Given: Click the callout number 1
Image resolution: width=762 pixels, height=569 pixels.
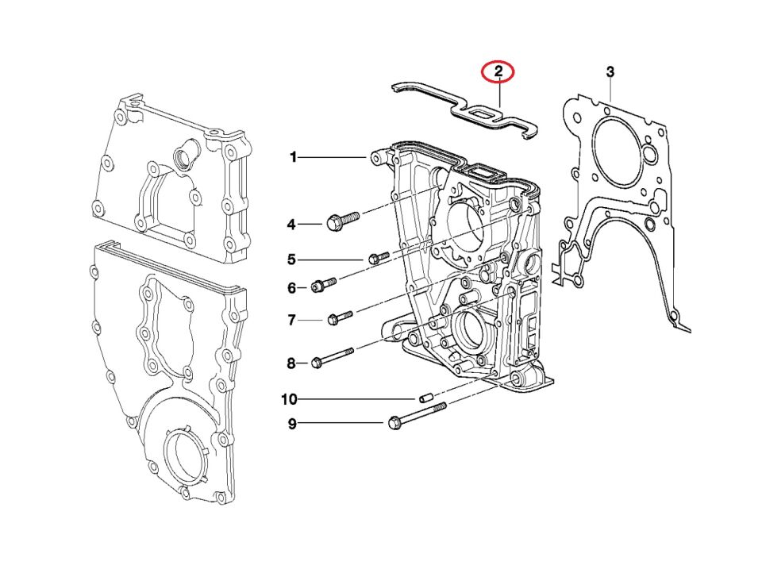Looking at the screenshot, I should (x=293, y=158).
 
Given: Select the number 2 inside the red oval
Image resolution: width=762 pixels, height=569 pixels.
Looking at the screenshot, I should (x=498, y=71).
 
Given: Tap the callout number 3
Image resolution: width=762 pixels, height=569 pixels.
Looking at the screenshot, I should (x=610, y=72).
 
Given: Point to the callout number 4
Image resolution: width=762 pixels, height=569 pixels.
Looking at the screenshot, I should (x=291, y=225).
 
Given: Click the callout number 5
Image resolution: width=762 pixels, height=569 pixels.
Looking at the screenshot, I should (x=291, y=260).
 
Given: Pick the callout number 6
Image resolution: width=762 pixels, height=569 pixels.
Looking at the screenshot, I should (x=291, y=288).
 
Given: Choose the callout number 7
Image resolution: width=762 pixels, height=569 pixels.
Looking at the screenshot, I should (x=291, y=321).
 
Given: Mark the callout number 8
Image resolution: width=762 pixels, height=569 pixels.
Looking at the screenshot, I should (x=291, y=363).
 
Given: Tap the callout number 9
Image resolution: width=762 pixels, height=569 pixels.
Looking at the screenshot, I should (x=291, y=425).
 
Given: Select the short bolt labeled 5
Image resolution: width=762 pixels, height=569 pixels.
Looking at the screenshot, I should (x=379, y=257).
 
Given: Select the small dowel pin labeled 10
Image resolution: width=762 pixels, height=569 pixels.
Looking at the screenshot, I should (x=424, y=397).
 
